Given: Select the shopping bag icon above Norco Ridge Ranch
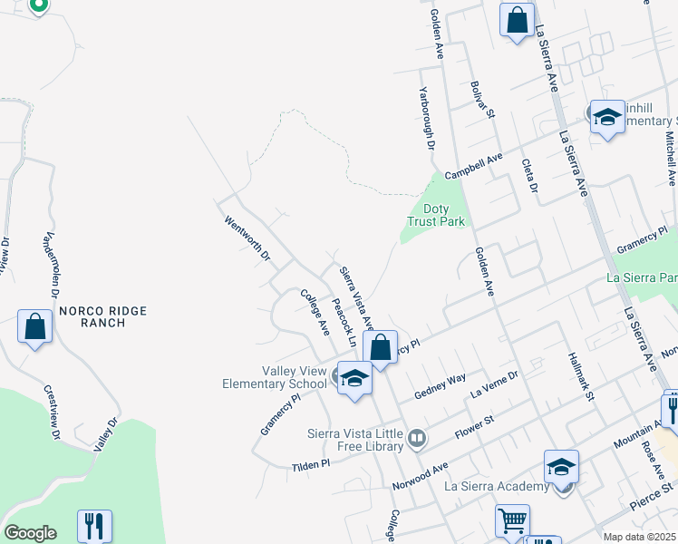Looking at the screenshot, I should click(x=34, y=326).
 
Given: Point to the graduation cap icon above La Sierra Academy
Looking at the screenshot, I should click(x=561, y=466).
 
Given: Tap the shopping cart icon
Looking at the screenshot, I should click(x=512, y=521).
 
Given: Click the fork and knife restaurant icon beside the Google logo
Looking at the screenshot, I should click(x=94, y=525).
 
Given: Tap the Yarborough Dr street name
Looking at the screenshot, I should click(x=426, y=118).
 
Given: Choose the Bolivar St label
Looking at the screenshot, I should click(x=480, y=100).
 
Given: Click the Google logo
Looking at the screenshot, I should click(x=29, y=533).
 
